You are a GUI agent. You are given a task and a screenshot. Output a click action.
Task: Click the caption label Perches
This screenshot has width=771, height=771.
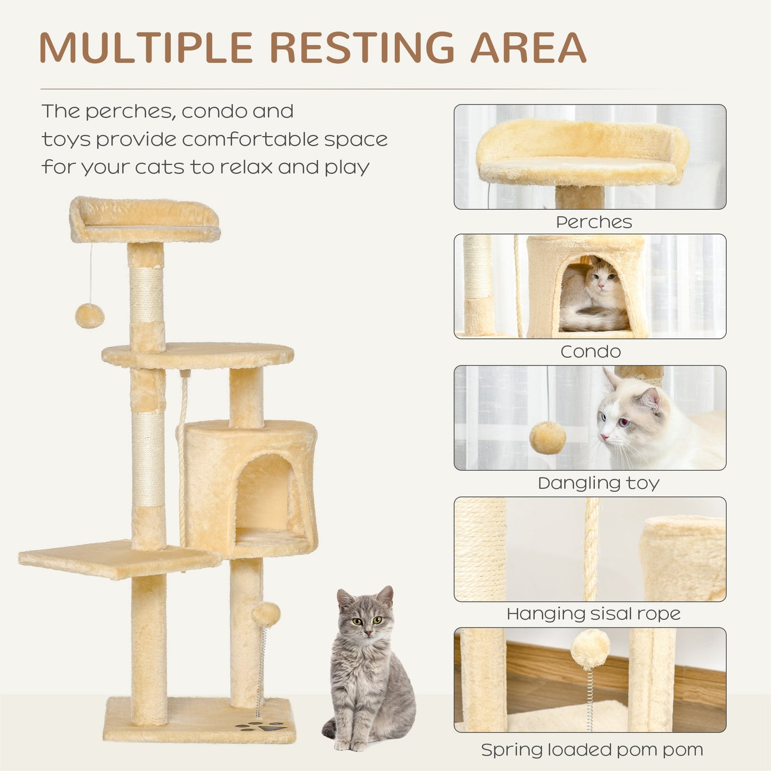(593, 222)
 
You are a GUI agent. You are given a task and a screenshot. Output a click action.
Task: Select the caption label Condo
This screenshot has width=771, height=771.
(590, 352)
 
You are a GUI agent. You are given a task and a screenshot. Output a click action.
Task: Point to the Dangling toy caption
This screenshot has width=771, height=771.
(598, 483)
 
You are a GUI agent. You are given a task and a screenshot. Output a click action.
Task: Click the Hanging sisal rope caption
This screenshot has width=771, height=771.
(593, 614)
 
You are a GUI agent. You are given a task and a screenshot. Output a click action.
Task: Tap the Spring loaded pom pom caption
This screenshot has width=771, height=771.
(592, 750)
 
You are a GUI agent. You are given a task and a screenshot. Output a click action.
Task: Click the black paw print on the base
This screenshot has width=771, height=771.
(261, 726)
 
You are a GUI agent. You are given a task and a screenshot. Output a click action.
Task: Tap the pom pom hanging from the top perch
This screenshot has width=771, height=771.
(89, 315)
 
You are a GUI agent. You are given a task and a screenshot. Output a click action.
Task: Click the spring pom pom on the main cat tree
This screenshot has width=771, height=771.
(266, 614)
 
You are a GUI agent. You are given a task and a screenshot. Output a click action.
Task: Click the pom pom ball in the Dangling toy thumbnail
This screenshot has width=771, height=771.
(547, 438)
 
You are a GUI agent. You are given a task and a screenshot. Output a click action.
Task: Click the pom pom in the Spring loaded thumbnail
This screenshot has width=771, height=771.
(590, 648)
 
